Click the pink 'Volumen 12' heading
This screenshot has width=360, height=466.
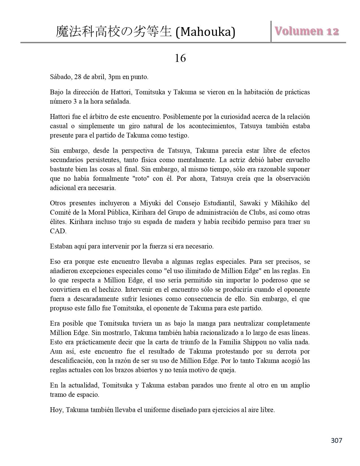(307, 31)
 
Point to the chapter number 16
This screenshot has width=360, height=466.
(180, 58)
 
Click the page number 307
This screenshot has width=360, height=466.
(336, 440)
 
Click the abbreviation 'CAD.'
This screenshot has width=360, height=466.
(58, 231)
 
